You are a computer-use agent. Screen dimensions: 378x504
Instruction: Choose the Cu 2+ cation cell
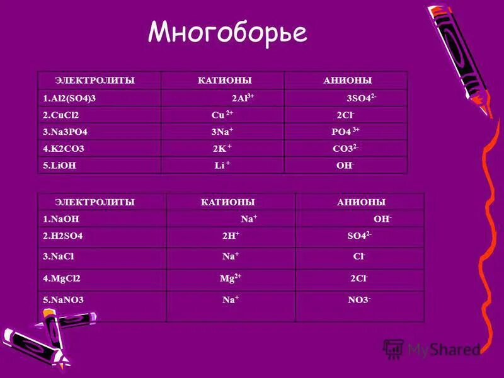[222, 115]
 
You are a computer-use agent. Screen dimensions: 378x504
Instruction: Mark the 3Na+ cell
[222, 132]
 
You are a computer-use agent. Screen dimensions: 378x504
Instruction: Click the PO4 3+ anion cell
[346, 132]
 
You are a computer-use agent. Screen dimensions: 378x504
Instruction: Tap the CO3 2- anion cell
[345, 149]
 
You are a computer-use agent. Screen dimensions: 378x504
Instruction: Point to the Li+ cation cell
[223, 166]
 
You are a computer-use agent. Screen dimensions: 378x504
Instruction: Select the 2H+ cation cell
[231, 236]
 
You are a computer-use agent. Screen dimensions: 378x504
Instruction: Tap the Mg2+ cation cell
[231, 279]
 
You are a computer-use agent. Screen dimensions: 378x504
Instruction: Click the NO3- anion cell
[360, 301]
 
